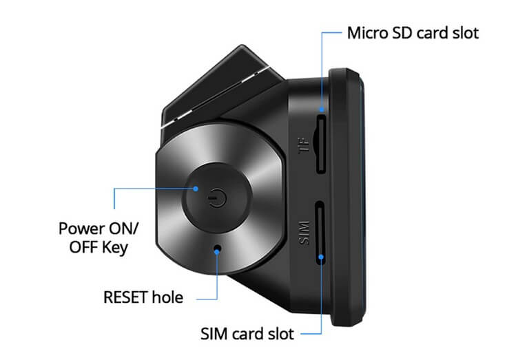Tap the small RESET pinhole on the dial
click(x=218, y=248)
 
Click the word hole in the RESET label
click(x=169, y=298)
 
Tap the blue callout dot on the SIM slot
click(x=322, y=259)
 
